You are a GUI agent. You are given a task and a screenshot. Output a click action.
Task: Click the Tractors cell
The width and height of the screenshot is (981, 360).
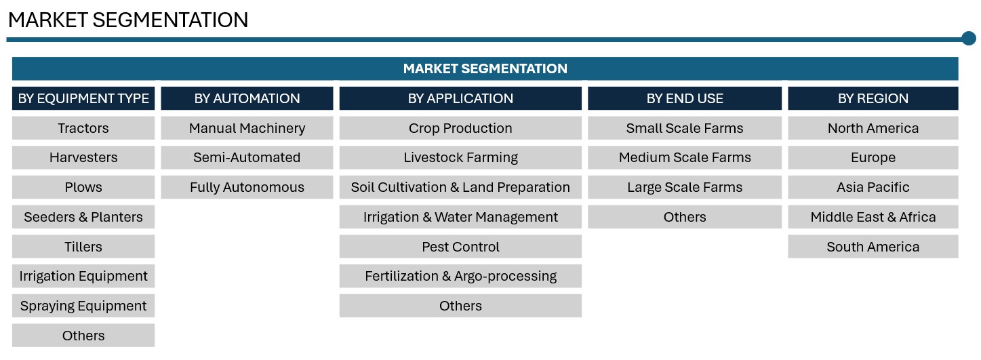pyautogui.click(x=83, y=128)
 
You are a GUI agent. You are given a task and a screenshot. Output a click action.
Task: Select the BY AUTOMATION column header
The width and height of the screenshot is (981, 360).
pyautogui.click(x=247, y=98)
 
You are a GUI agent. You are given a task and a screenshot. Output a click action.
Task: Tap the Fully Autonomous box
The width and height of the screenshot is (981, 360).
pyautogui.click(x=247, y=187)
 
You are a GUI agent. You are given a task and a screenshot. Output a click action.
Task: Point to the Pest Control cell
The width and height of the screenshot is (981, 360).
pyautogui.click(x=460, y=247)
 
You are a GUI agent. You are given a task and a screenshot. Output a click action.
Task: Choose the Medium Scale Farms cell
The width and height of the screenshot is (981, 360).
pyautogui.click(x=685, y=157)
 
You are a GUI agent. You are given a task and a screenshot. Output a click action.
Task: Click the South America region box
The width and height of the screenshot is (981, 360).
pyautogui.click(x=873, y=247)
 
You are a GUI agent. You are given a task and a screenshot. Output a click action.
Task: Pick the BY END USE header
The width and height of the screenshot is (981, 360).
pyautogui.click(x=685, y=98)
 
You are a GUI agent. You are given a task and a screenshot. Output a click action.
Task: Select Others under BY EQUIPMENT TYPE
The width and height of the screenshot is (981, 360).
pyautogui.click(x=83, y=336)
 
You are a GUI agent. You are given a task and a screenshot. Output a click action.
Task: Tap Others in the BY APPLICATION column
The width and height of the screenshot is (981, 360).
pyautogui.click(x=460, y=306)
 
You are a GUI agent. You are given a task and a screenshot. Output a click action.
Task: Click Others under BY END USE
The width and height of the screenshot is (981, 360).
pyautogui.click(x=685, y=217)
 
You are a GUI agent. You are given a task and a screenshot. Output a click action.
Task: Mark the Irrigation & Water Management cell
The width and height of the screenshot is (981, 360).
pyautogui.click(x=460, y=217)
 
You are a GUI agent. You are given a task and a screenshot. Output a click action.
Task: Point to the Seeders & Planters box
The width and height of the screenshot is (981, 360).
pyautogui.click(x=83, y=217)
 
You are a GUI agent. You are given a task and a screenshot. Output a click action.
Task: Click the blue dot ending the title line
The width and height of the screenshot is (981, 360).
pyautogui.click(x=969, y=39)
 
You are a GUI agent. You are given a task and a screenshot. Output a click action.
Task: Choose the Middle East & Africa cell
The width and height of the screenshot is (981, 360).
pyautogui.click(x=873, y=217)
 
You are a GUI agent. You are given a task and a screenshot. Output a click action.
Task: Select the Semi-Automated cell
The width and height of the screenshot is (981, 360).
pyautogui.click(x=247, y=157)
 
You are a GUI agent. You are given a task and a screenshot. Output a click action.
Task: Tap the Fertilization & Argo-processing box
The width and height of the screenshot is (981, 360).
pyautogui.click(x=460, y=276)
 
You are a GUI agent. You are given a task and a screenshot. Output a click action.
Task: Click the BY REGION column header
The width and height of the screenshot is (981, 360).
pyautogui.click(x=873, y=98)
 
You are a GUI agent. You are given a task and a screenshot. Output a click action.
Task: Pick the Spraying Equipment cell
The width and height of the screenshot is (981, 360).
pyautogui.click(x=83, y=306)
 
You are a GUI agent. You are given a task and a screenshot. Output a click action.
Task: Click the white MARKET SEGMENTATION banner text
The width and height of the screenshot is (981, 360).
pyautogui.click(x=485, y=68)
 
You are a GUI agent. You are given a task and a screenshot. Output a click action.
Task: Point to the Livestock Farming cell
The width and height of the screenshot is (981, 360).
pyautogui.click(x=460, y=157)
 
